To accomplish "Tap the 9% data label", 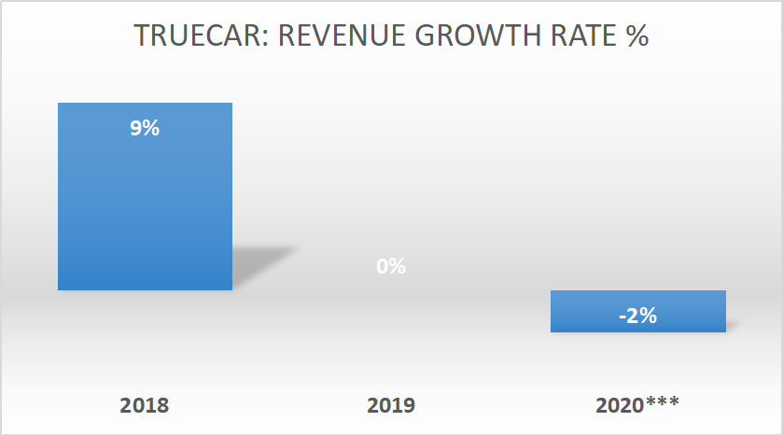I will pyautogui.click(x=145, y=129).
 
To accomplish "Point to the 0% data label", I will pyautogui.click(x=391, y=266).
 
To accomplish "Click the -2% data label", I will pyautogui.click(x=637, y=316).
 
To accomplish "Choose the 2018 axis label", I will pyautogui.click(x=145, y=405).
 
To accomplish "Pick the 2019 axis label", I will pyautogui.click(x=391, y=405).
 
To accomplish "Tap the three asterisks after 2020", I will pyautogui.click(x=664, y=403).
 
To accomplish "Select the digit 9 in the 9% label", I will pyautogui.click(x=136, y=129).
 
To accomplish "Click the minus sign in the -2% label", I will pyautogui.click(x=622, y=316).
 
